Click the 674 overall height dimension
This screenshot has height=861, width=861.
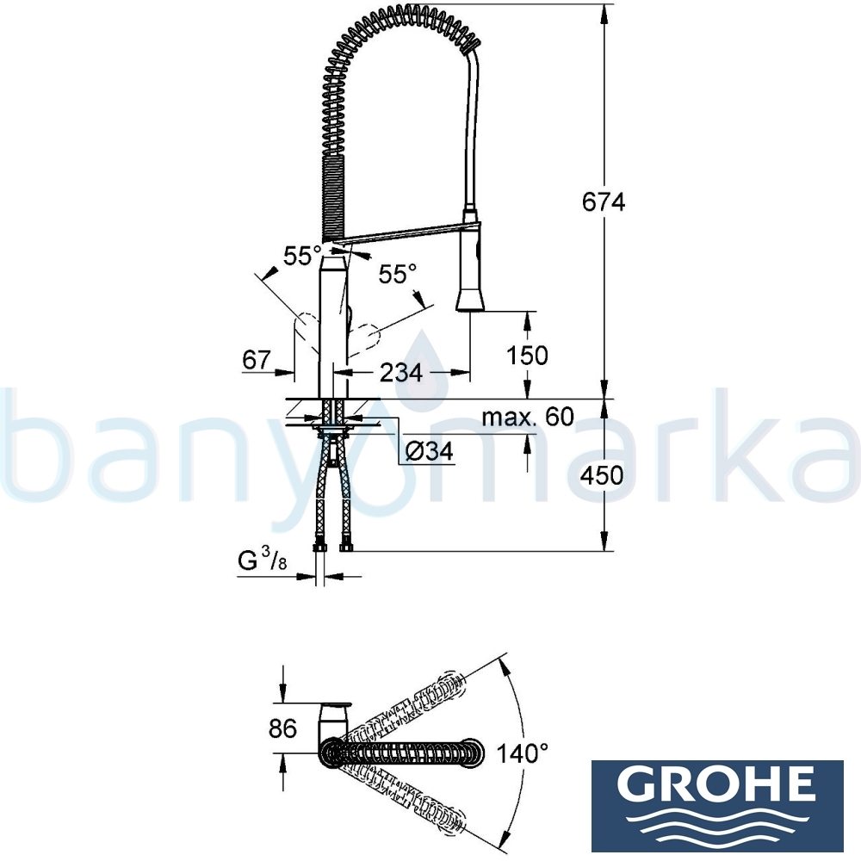[x=603, y=202]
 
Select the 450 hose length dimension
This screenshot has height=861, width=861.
[x=603, y=475]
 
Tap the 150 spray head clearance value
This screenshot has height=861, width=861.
[x=529, y=355]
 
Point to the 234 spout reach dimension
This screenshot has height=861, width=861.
[x=402, y=373]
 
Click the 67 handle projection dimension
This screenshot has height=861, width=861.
[x=256, y=360]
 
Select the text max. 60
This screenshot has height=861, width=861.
[x=527, y=418]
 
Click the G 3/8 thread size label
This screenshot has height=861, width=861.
[x=261, y=563]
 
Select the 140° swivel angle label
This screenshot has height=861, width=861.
[x=522, y=754]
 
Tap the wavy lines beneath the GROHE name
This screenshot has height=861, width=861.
[x=717, y=818]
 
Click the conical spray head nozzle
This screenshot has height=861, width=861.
[x=471, y=299]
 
